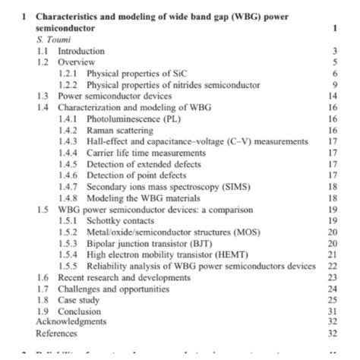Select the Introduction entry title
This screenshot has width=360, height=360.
pos(81,51)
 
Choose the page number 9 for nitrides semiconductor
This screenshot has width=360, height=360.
pos(334,85)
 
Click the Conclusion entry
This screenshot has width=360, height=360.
pos(80,311)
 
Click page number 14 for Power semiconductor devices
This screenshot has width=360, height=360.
pos(332,96)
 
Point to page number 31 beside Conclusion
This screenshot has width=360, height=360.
pos(332,311)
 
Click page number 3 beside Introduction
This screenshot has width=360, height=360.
pos(334,51)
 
